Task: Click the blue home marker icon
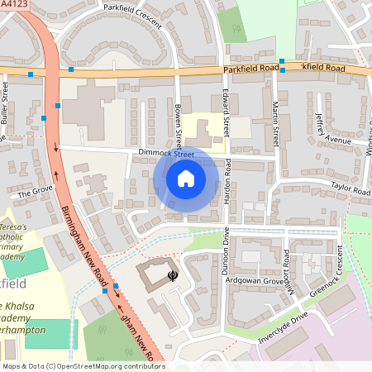pyautogui.click(x=186, y=178)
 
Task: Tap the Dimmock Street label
pyautogui.click(x=166, y=154)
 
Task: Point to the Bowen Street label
pyautogui.click(x=178, y=121)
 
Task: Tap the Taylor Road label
pyautogui.click(x=350, y=188)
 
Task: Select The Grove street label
pyautogui.click(x=34, y=192)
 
